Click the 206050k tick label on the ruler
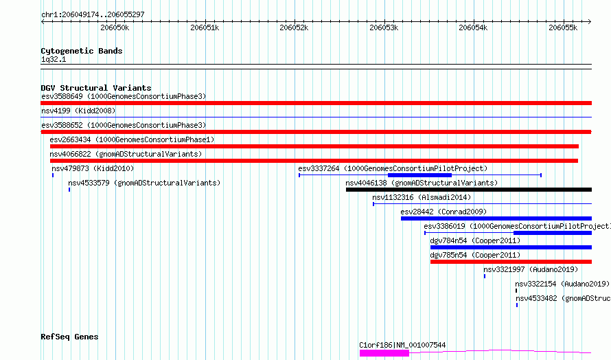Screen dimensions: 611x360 click(x=115, y=27)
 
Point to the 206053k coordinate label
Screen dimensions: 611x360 click(x=384, y=27)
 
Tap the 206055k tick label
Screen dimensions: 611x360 click(x=563, y=27)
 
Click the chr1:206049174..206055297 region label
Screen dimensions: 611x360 click(x=93, y=15)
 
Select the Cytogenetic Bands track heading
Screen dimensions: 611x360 click(x=82, y=51)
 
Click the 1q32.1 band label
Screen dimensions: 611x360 click(x=54, y=59)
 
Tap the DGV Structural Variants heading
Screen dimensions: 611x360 click(x=96, y=88)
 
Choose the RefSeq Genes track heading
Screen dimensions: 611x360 click(x=69, y=337)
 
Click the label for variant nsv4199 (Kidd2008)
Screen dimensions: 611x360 click(x=78, y=111)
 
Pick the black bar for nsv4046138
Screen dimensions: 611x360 click(x=469, y=190)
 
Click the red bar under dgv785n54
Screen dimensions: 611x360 click(x=511, y=262)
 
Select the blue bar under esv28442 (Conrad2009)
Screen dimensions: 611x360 click(x=496, y=218)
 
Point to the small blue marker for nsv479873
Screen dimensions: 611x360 click(x=53, y=175)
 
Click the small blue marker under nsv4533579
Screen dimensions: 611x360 click(x=69, y=190)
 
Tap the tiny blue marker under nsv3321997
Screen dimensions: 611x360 click(x=485, y=276)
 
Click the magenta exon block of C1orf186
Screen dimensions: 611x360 click(x=384, y=353)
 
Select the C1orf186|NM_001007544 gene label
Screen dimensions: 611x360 click(x=402, y=345)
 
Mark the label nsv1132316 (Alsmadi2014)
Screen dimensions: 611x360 click(x=422, y=197)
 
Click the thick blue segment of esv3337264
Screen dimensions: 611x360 click(x=419, y=175)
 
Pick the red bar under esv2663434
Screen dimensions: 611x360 click(x=314, y=146)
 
